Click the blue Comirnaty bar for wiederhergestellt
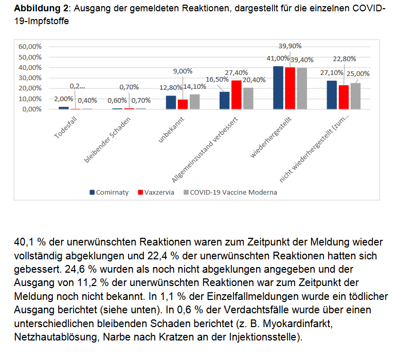click(278, 88)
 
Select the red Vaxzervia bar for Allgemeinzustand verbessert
click(237, 95)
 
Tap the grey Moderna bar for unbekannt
click(195, 102)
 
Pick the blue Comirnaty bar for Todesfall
click(64, 108)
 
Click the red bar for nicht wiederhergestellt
click(344, 98)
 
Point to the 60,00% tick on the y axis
click(30, 47)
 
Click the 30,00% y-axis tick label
click(30, 78)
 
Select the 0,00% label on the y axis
click(32, 109)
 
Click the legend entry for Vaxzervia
click(156, 192)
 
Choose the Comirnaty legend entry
click(109, 192)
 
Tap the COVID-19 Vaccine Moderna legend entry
click(230, 192)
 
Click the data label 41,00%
click(278, 58)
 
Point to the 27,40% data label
click(236, 73)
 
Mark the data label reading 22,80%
click(344, 59)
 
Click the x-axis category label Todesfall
click(66, 128)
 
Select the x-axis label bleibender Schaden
click(107, 140)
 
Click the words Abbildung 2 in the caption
click(41, 8)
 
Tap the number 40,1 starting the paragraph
click(24, 242)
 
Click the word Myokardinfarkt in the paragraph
click(298, 324)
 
